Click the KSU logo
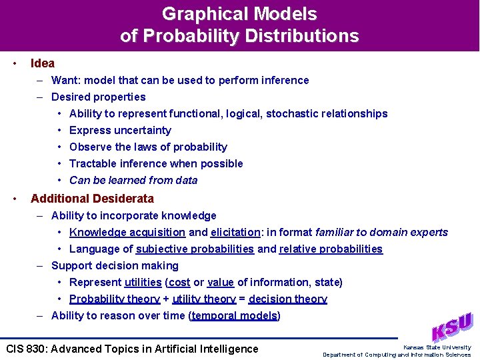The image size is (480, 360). (452, 327)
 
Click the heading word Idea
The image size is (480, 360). (43, 63)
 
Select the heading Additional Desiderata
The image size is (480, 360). (92, 199)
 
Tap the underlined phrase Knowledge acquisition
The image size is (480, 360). (127, 232)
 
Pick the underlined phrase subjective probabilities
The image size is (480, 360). (195, 249)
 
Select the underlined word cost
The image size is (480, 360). (179, 282)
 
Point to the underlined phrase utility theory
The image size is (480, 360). (204, 299)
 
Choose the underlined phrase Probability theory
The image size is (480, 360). (115, 299)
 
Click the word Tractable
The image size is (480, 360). (92, 163)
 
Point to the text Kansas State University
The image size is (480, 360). (437, 347)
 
